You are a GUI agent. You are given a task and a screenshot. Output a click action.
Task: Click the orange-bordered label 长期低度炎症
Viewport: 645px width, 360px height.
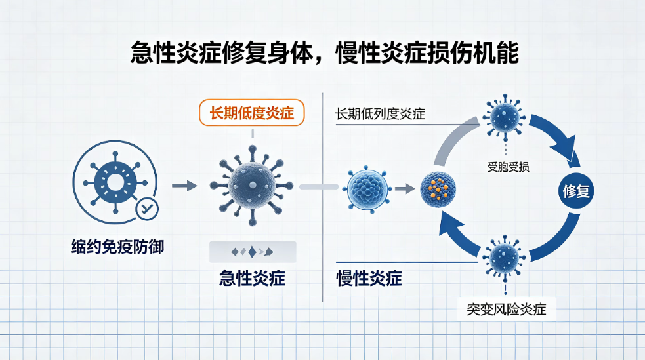[x=252, y=113]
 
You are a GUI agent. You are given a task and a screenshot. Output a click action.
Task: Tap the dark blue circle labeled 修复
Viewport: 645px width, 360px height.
[x=576, y=191]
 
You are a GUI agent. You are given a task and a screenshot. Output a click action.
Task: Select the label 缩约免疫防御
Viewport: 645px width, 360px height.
[x=117, y=247]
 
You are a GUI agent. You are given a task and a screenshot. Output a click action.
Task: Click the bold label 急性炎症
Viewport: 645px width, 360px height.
[x=252, y=278]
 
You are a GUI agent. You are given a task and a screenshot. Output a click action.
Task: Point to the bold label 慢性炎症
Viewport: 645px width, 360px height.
[x=369, y=278]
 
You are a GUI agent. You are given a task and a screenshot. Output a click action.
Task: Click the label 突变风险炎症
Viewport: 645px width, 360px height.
[x=507, y=310]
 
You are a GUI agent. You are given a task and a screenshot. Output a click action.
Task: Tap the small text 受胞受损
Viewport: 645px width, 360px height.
[x=508, y=167]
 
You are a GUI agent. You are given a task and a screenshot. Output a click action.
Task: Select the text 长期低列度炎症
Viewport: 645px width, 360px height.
[x=380, y=114]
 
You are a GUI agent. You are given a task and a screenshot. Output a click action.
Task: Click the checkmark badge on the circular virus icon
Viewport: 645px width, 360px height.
[x=147, y=209]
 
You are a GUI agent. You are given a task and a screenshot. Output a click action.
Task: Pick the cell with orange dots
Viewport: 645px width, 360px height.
[x=438, y=189]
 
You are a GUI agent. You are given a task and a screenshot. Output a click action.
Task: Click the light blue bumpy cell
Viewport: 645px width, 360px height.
[x=367, y=189]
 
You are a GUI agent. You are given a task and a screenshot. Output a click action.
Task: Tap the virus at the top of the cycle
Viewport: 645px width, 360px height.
[x=505, y=117]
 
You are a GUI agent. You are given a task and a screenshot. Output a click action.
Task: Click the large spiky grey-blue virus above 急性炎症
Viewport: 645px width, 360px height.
[x=252, y=186]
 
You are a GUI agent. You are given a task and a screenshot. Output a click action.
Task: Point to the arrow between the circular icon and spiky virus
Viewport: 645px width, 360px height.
[x=184, y=186]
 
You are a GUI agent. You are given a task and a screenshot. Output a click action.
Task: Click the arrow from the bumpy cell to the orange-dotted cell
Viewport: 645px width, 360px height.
[x=405, y=189]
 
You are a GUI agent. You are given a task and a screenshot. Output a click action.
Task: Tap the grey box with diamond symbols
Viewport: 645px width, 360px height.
[x=253, y=252]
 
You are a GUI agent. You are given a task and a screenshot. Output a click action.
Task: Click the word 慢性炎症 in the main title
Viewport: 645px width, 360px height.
[x=381, y=53]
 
